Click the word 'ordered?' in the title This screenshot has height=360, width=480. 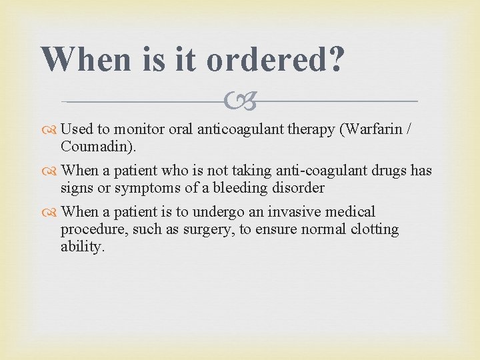(x=275, y=61)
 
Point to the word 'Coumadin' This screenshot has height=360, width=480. (x=89, y=146)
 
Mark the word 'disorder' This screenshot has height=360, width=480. (x=297, y=188)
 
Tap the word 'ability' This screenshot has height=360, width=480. (x=81, y=247)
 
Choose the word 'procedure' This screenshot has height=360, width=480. (x=90, y=230)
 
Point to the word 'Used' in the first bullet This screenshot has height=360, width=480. (x=76, y=129)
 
